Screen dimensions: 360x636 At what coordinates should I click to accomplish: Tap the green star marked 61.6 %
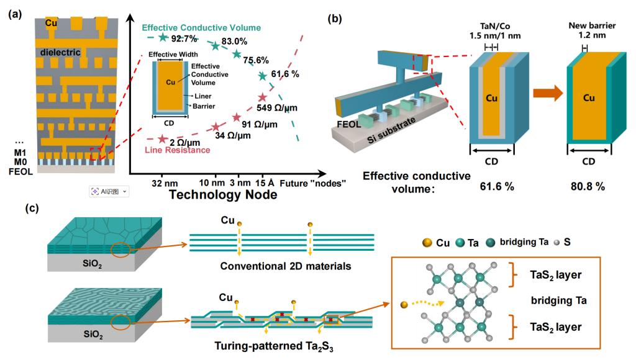[x=263, y=76]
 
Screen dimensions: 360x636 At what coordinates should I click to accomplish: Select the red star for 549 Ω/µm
[x=262, y=97]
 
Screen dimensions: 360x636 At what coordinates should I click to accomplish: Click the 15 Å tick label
[x=264, y=184]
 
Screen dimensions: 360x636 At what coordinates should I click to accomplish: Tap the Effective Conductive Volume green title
[x=201, y=28]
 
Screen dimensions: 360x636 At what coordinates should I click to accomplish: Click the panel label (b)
[x=335, y=18]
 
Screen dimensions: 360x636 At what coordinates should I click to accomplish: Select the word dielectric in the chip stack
[x=60, y=53]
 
